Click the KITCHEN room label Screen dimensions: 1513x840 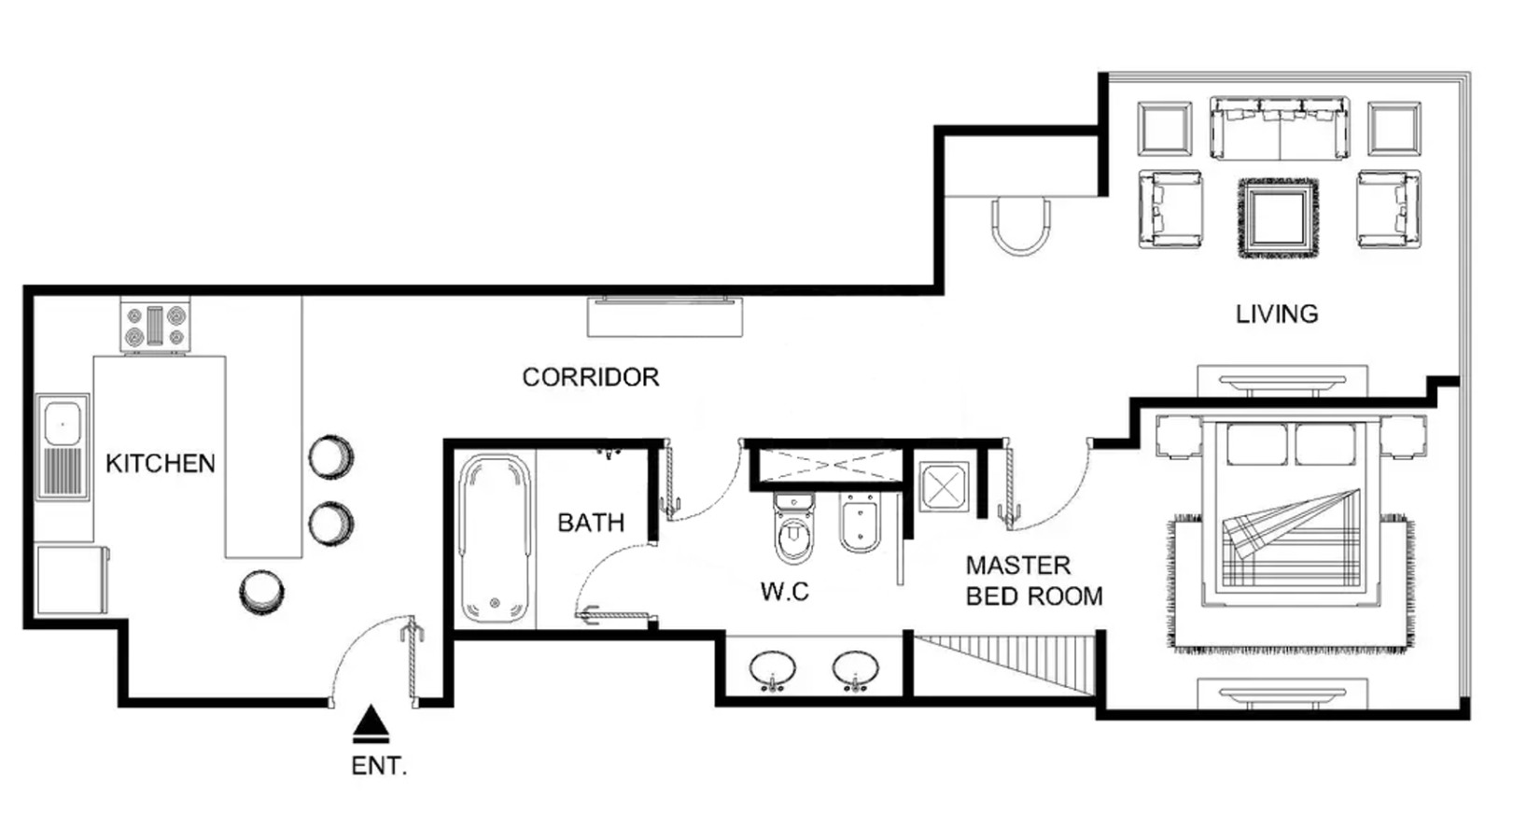coord(161,463)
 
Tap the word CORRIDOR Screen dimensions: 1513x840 coord(590,377)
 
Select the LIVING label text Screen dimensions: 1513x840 coord(1277,314)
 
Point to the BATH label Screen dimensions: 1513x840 coord(591,523)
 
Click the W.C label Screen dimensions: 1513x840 coord(784,592)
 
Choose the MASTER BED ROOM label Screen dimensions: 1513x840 coord(1034,581)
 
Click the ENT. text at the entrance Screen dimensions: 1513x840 coord(379,765)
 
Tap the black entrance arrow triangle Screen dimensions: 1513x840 coord(371,723)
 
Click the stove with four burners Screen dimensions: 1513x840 coord(155,326)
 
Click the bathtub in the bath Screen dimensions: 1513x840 coord(495,538)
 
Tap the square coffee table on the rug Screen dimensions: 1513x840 coord(1277,217)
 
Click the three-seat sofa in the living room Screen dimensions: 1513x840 coord(1280,128)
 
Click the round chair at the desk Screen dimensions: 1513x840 coord(1020,226)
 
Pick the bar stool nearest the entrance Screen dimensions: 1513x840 coord(261,592)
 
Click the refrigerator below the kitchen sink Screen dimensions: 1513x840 coord(72,580)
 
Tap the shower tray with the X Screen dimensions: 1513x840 coord(944,485)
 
